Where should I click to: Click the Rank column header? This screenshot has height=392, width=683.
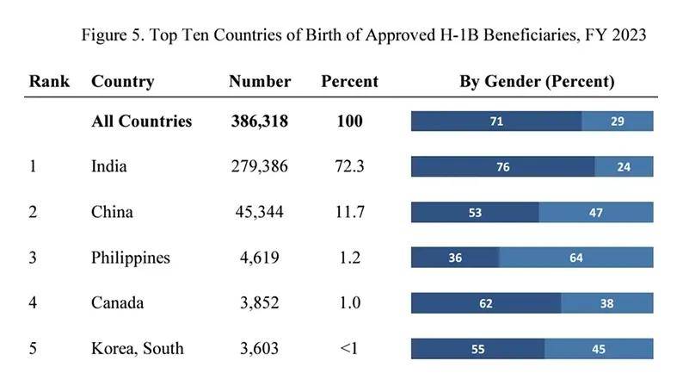(49, 81)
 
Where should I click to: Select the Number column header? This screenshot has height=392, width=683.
(260, 81)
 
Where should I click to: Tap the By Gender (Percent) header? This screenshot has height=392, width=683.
(537, 82)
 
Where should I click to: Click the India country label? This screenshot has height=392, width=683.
(109, 166)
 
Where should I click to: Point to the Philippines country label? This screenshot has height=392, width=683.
(131, 258)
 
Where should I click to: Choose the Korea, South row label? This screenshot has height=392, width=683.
(138, 348)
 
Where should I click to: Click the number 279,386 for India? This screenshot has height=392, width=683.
(260, 166)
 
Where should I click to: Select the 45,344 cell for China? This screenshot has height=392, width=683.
(260, 212)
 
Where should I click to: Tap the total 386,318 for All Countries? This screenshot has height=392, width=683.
(260, 121)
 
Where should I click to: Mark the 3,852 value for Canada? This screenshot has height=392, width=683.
(260, 302)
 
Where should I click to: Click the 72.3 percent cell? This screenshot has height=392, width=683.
(350, 166)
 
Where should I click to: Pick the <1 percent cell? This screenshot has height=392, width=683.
(349, 348)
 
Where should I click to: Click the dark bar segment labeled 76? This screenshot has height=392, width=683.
(503, 166)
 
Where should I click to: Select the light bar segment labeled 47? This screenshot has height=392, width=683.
(596, 212)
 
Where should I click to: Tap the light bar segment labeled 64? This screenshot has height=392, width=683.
(576, 258)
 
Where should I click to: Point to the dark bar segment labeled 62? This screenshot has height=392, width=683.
(486, 303)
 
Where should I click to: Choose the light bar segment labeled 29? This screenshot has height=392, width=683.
(618, 121)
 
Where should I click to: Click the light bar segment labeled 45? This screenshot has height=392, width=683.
(599, 349)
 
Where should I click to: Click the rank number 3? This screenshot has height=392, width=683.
(33, 258)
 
